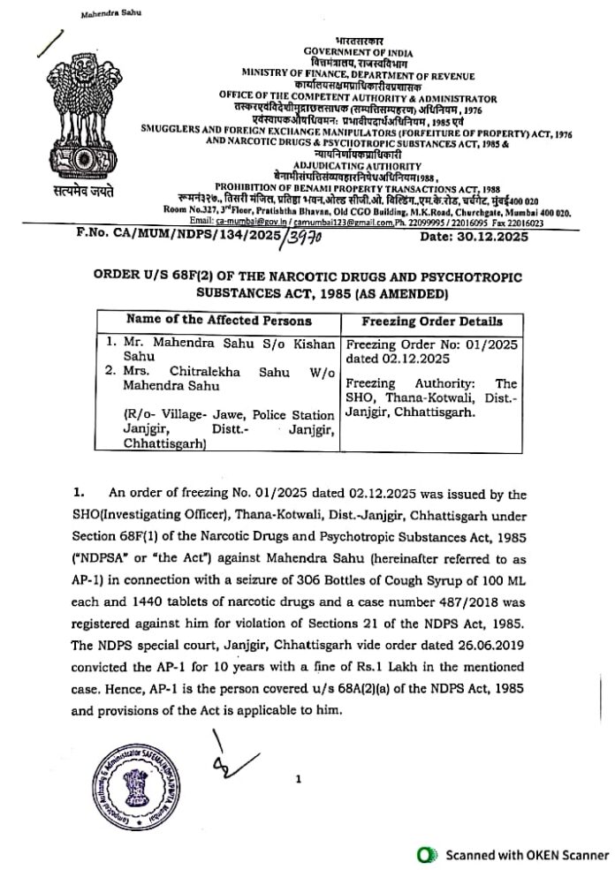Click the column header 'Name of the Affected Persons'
click(218, 320)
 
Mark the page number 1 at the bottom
click(300, 779)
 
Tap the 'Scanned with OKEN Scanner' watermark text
click(527, 854)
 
